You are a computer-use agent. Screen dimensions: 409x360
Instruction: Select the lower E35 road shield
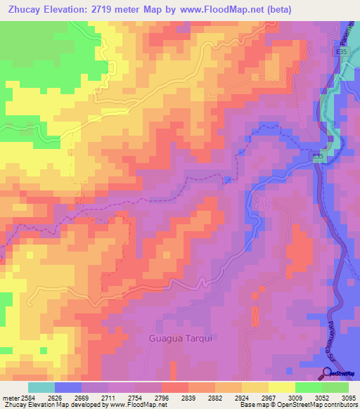319,157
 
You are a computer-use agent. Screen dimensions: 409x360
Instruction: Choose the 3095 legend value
348,398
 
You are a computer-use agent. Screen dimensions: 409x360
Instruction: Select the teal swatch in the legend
41,387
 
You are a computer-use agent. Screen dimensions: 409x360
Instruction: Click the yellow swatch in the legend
281,387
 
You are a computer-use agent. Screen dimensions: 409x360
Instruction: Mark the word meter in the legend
9,398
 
